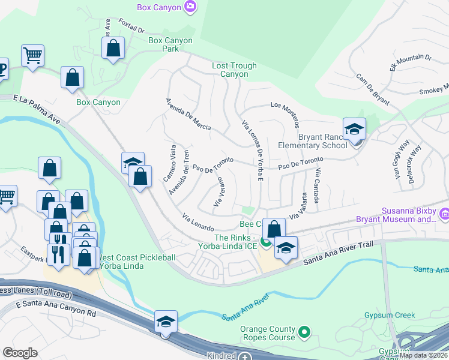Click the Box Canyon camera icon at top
click(191, 7)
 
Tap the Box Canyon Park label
click(170, 45)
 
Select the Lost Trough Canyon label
click(234, 70)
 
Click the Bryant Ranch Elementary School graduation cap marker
click(354, 130)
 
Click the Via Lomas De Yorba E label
click(253, 150)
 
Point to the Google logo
click(20, 353)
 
